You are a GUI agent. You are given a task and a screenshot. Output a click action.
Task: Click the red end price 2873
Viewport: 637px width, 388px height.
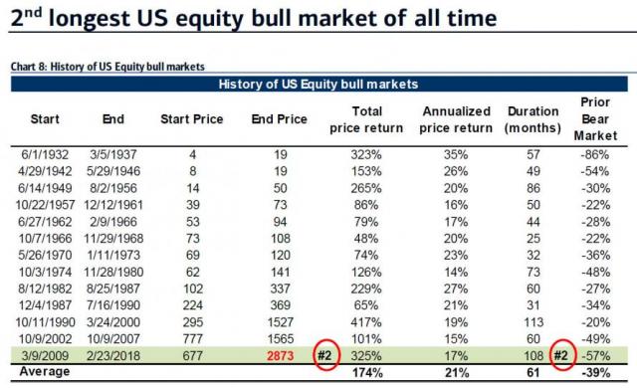276,354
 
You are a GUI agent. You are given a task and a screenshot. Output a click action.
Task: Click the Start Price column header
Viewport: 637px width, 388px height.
186,119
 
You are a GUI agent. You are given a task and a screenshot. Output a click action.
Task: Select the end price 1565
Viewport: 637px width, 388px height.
276,337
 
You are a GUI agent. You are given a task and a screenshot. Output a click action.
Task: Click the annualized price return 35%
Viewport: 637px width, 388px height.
456,154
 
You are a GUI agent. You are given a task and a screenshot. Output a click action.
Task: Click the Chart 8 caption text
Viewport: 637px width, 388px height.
107,67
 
